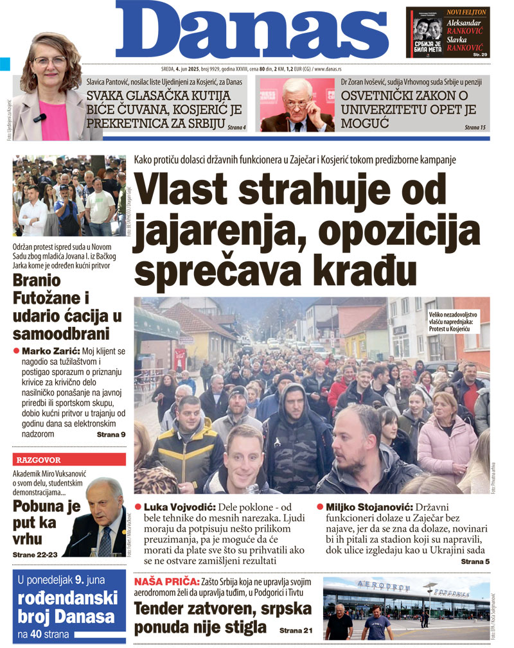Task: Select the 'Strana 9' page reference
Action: [x=111, y=435]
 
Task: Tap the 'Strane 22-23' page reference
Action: [x=34, y=554]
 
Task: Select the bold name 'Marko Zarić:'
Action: [x=50, y=351]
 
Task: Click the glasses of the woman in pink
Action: [x=49, y=62]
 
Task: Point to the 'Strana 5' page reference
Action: [x=475, y=562]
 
